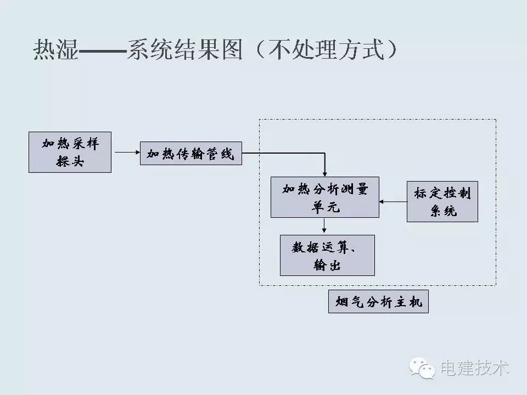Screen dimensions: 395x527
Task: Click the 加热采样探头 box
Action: click(x=70, y=152)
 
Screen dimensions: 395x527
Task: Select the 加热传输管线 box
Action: click(x=190, y=154)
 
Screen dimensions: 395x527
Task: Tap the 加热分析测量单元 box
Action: click(x=324, y=197)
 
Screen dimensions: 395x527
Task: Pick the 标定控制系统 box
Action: click(x=442, y=201)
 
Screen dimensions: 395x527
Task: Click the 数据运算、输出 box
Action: click(x=327, y=255)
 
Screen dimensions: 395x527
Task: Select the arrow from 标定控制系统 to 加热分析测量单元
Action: click(x=393, y=201)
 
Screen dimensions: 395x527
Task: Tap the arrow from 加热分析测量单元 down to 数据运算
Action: click(x=324, y=225)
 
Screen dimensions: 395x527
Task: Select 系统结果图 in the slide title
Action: click(x=184, y=50)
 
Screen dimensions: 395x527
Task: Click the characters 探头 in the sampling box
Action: click(x=70, y=161)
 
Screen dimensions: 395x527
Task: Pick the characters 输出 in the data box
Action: click(x=327, y=266)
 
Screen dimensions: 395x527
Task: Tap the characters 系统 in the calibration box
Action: click(x=443, y=211)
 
